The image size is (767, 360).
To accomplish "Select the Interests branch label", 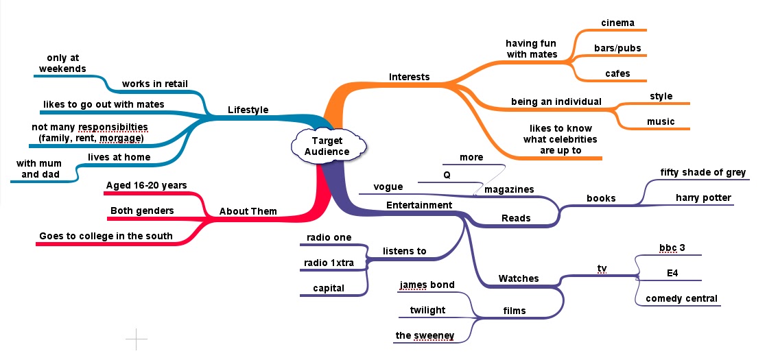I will (x=409, y=76).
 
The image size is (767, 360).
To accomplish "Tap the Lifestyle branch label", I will (x=248, y=110).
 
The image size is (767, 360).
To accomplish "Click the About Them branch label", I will (x=248, y=211).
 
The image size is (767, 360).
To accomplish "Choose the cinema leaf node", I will (x=617, y=23).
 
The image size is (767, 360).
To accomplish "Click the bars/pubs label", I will (x=617, y=49).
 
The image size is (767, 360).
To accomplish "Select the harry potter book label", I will (x=703, y=197).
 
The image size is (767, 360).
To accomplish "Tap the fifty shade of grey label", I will (x=703, y=172).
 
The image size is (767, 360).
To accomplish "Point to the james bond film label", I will (x=427, y=285).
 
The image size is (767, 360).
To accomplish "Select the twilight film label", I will (x=427, y=310).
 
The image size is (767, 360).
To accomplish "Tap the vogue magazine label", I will (x=388, y=187).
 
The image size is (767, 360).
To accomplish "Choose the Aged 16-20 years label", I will (x=146, y=185).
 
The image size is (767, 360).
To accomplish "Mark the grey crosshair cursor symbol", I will (x=136, y=339).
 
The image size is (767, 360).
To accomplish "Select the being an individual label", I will (x=556, y=101).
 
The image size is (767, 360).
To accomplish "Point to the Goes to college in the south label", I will (x=106, y=236).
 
